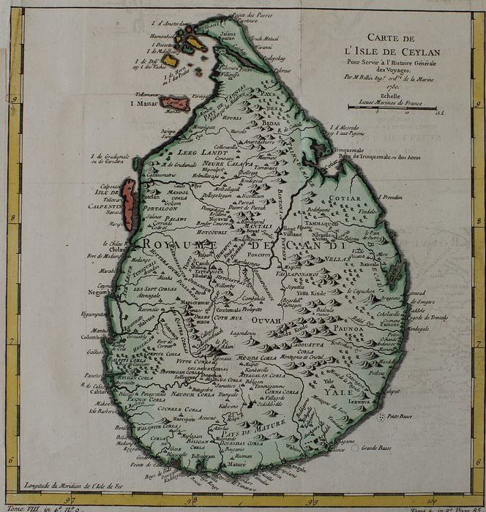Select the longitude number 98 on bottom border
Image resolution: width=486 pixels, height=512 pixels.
click(189, 500)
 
